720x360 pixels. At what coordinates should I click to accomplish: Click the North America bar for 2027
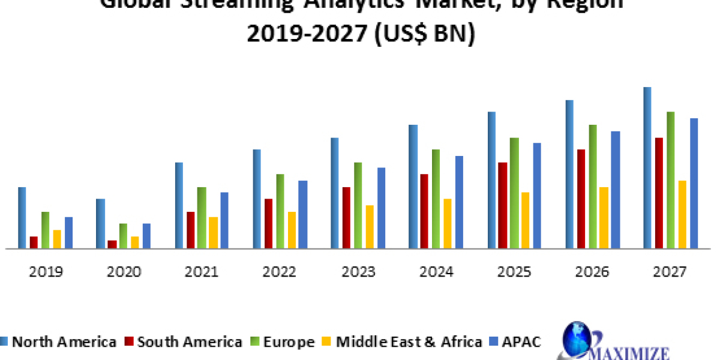pos(647,167)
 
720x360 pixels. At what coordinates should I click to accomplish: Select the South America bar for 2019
pos(34,242)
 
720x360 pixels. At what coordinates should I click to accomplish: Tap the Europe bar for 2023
pos(358,205)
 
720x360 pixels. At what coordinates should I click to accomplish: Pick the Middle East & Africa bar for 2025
pos(525,220)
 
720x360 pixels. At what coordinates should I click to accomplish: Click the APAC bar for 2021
pos(224,220)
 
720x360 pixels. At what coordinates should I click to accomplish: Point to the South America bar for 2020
pos(112,244)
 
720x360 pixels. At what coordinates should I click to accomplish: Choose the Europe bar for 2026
pos(592,186)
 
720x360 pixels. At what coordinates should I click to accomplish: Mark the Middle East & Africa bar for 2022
pos(292,230)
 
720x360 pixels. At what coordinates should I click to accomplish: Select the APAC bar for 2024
pos(459,202)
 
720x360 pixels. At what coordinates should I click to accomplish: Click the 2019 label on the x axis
pos(46,272)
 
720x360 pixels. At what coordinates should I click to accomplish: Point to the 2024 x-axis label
pos(436,272)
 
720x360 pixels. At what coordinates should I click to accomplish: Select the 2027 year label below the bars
pos(670,272)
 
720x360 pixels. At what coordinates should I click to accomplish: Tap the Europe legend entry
pos(284,342)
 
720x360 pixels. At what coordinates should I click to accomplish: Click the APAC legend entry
pos(519,342)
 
